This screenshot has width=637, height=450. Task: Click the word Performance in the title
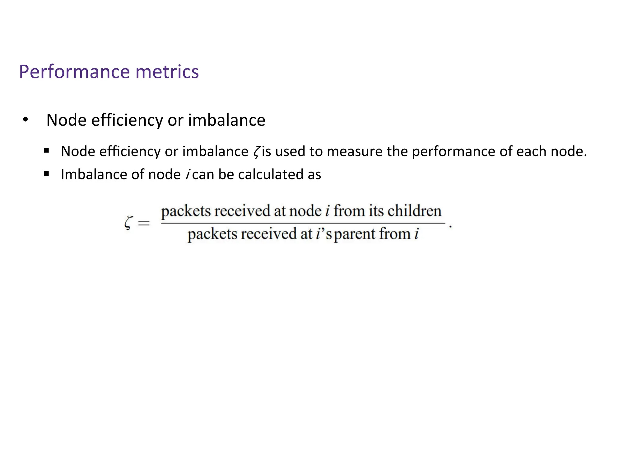click(x=74, y=72)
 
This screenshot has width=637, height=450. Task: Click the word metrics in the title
click(x=167, y=72)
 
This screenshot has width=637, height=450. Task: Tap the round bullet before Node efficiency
click(x=26, y=120)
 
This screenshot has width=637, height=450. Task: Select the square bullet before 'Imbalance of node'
click(x=47, y=174)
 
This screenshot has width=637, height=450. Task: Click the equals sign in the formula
click(x=144, y=223)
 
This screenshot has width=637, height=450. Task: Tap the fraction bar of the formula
click(x=303, y=223)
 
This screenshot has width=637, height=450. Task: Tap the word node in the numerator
click(x=305, y=211)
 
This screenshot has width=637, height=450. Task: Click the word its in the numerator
click(x=376, y=211)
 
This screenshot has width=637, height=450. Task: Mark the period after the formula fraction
click(x=450, y=227)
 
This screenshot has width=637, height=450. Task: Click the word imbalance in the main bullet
click(x=226, y=120)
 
